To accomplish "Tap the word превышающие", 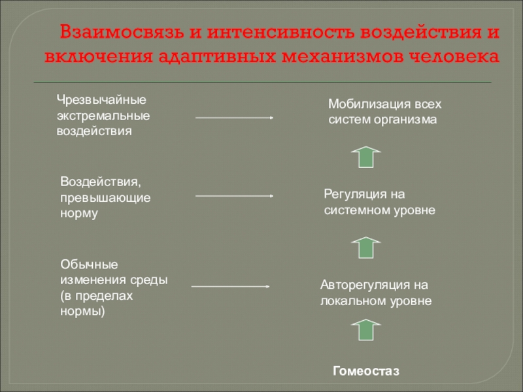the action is click(x=106, y=197).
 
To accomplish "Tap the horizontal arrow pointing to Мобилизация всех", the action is click(x=234, y=118).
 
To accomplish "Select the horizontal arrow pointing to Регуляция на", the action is click(x=234, y=195).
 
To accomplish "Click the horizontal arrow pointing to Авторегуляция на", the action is click(x=231, y=286).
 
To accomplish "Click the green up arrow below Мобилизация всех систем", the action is click(x=366, y=157).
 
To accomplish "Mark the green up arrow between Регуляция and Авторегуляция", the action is click(x=366, y=248).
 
